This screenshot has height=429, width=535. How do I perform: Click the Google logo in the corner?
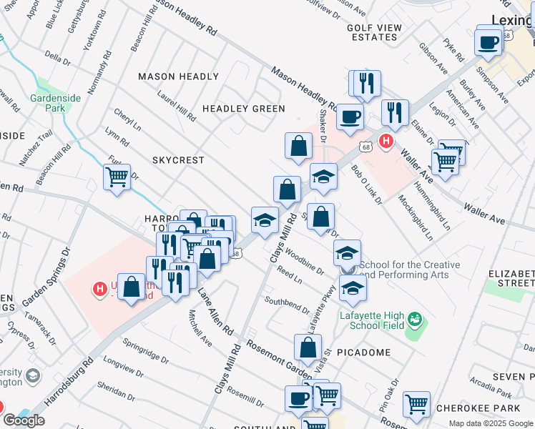click(x=24, y=420)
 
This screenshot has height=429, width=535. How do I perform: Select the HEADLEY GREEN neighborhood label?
click(x=243, y=109)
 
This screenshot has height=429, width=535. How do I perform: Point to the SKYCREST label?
click(x=178, y=160)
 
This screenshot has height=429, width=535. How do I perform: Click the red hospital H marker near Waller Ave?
click(x=386, y=142)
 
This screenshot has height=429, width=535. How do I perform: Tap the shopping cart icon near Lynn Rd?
click(x=117, y=176)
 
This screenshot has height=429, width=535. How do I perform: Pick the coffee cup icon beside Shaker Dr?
click(x=349, y=117)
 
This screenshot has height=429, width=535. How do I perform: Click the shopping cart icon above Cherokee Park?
click(x=416, y=404)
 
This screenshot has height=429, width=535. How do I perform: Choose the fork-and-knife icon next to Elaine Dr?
click(x=394, y=112)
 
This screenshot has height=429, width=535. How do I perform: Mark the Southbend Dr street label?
click(x=285, y=305)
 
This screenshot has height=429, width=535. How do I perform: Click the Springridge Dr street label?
click(x=145, y=348)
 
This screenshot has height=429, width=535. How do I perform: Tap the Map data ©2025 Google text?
click(x=490, y=423)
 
